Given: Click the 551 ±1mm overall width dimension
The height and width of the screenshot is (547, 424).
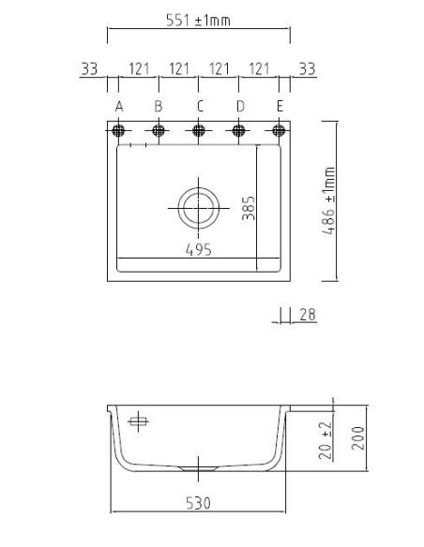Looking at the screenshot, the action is point(198,21).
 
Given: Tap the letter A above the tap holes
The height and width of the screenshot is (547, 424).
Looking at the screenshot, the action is point(119,107).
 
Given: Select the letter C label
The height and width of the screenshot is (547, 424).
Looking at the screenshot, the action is point(200,106).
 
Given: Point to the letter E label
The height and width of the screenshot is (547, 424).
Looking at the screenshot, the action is point(280,106).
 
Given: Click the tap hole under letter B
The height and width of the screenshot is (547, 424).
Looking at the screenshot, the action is point(159,131).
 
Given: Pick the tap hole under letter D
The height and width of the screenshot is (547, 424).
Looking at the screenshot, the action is point(238,131).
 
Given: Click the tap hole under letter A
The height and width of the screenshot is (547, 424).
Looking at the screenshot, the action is point(118,131).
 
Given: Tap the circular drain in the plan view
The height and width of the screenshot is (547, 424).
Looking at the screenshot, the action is point(199,208).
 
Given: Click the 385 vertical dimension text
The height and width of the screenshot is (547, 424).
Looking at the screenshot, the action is point(249,208).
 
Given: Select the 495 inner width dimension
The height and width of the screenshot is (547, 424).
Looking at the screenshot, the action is point(198,250).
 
